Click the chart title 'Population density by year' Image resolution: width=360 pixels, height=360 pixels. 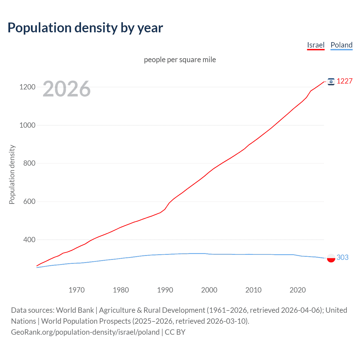(85, 28)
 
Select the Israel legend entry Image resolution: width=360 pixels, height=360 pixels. (316, 45)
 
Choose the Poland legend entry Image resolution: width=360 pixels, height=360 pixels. (341, 45)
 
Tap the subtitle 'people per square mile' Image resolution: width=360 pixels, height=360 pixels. (180, 60)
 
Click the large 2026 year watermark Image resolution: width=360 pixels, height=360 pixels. (67, 89)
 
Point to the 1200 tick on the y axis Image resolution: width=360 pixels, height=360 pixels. (27, 87)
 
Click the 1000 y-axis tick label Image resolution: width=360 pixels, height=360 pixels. (27, 125)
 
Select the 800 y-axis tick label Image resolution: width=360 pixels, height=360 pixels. (29, 163)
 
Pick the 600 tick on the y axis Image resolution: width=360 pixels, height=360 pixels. (29, 202)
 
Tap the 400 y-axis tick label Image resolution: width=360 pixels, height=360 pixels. (29, 240)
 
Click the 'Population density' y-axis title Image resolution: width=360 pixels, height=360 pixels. (12, 174)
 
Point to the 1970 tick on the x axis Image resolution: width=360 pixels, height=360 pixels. (76, 290)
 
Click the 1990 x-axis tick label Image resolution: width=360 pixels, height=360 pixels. (165, 290)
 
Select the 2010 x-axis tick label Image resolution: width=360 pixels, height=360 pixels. (253, 290)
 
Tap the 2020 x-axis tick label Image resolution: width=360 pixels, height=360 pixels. (298, 290)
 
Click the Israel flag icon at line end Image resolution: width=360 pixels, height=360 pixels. (331, 82)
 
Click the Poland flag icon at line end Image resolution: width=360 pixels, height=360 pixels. (331, 258)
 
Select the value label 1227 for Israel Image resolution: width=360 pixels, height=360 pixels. (345, 81)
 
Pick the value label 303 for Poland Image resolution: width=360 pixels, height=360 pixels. (342, 257)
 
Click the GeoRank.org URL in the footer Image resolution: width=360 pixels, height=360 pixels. (85, 332)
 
